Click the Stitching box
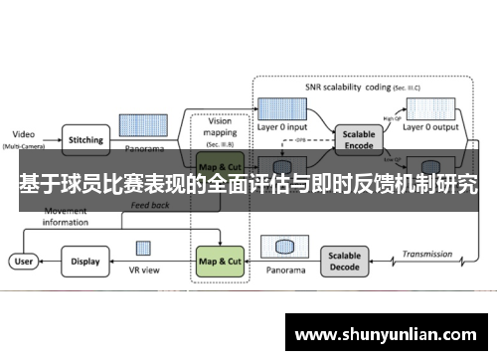click(84, 140)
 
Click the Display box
click(84, 262)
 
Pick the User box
click(22, 262)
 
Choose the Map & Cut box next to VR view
click(220, 262)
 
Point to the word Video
click(22, 133)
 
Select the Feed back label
click(151, 206)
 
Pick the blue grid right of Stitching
click(142, 125)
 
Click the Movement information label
click(70, 217)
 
